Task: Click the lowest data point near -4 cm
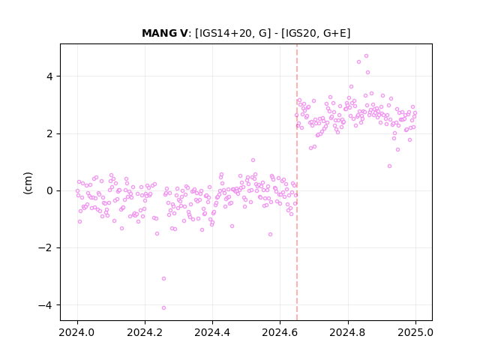point(163,307)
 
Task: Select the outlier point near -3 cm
point(163,278)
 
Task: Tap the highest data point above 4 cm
point(366,56)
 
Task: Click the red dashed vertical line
point(297,182)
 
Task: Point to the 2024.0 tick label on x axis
point(77,332)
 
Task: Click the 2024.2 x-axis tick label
point(145,332)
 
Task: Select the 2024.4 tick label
point(212,332)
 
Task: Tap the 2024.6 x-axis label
point(280,332)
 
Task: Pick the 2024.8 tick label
point(347,332)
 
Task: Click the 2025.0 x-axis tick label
point(415,332)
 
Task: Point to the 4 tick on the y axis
point(49,76)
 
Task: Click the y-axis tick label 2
point(49,133)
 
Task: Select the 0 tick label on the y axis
point(49,190)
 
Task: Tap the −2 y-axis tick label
point(46,247)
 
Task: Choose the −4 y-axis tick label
point(46,305)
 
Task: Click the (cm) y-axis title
point(28,183)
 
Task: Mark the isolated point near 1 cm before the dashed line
point(253,160)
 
